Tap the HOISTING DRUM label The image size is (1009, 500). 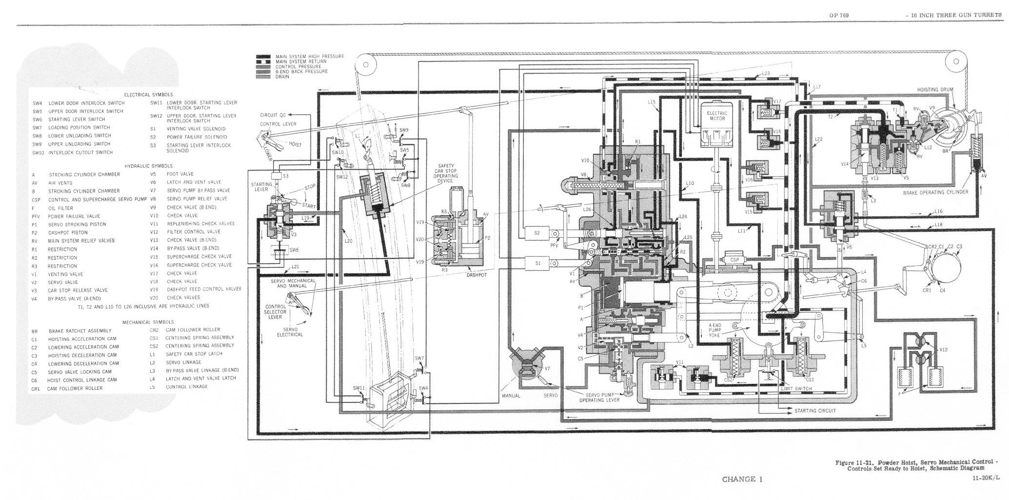[x=935, y=90]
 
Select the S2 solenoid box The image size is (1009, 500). [x=537, y=233]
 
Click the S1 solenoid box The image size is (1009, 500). [x=538, y=263]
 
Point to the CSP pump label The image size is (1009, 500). [x=734, y=260]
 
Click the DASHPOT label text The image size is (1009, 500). [x=476, y=275]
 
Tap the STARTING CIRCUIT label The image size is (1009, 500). [x=815, y=411]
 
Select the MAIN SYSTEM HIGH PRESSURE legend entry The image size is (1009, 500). [x=310, y=57]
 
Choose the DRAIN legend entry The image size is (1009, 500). [x=283, y=77]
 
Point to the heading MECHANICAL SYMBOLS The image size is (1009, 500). [x=148, y=322]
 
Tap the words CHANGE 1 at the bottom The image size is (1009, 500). [x=742, y=479]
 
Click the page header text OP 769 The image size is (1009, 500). [x=839, y=15]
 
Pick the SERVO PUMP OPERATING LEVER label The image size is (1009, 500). [x=599, y=397]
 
